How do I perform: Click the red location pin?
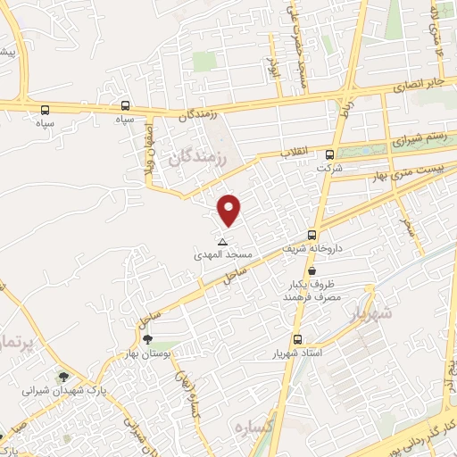230,210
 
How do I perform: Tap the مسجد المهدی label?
224,255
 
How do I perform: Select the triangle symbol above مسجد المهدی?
223,242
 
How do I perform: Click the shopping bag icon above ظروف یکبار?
312,270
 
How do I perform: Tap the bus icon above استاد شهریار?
297,339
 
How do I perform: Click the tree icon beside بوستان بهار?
147,339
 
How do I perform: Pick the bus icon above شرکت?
330,153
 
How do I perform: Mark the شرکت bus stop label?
332,168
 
